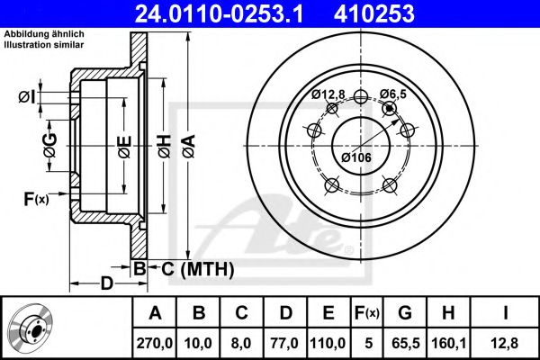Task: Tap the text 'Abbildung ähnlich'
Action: pos(45,33)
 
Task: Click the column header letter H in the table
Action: pos(448,313)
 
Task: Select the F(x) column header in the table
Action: pos(367,313)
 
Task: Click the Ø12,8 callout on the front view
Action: pos(328,94)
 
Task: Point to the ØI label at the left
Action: pos(27,96)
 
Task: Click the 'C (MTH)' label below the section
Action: pos(197,268)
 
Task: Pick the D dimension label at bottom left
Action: pos(106,284)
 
